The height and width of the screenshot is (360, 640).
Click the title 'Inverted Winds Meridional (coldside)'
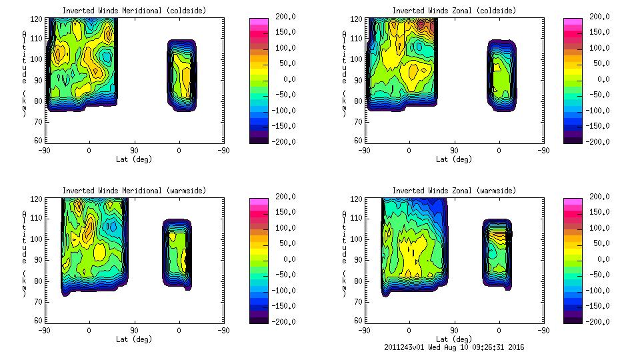coord(134,11)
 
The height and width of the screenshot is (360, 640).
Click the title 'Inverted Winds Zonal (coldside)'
coord(454,11)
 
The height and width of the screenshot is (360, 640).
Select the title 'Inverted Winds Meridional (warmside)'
coord(134,191)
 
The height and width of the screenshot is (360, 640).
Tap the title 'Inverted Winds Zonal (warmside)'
coord(454,191)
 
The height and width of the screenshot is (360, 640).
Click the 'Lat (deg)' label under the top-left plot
coord(134,159)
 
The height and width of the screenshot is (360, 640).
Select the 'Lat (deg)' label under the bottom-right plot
coord(454,339)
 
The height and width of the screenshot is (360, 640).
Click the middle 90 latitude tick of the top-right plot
coord(454,151)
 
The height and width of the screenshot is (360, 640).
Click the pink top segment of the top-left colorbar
coord(259,23)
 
